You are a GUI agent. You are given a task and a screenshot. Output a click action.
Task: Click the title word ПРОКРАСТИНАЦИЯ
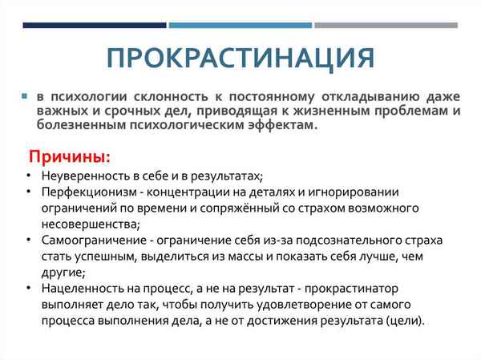pyautogui.click(x=240, y=58)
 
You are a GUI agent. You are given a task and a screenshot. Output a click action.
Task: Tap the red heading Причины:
pyautogui.click(x=70, y=155)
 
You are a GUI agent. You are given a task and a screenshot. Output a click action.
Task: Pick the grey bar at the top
pyautogui.click(x=385, y=25)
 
